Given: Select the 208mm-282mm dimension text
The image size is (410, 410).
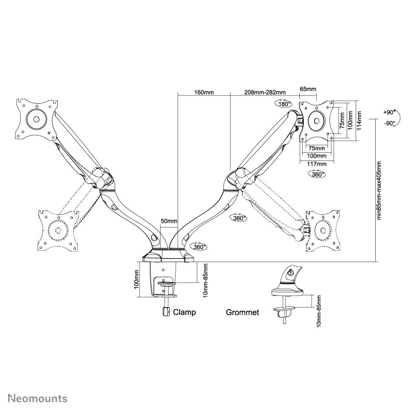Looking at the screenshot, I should [x=265, y=92].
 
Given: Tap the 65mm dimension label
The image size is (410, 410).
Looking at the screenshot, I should [x=307, y=89].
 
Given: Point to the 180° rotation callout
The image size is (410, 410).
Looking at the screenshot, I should [x=283, y=104].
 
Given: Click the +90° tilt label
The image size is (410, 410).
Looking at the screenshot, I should [x=389, y=112].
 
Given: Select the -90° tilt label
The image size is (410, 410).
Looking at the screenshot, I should [x=389, y=123].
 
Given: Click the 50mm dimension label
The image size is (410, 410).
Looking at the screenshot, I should [x=169, y=221].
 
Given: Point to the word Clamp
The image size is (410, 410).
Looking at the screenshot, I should [x=185, y=312].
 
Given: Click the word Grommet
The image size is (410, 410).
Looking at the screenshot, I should [x=243, y=312].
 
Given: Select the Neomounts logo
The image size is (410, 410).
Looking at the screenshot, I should [x=38, y=398].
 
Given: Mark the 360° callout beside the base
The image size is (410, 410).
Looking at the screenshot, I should [x=198, y=246].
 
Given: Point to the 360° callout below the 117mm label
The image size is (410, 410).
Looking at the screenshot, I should [x=317, y=174].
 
